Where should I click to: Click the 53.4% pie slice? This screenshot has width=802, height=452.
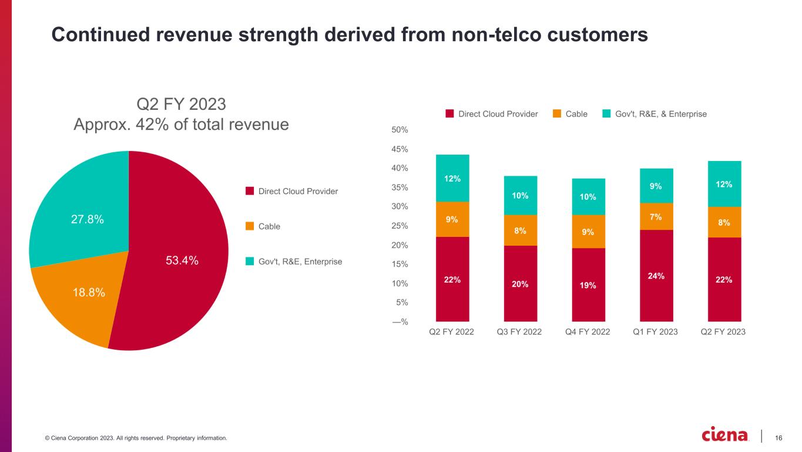pos(182,261)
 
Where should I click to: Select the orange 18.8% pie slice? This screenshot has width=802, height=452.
pos(88,293)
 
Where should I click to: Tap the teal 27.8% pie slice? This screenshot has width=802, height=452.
pos(88,219)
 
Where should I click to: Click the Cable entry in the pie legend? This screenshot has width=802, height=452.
pos(269,226)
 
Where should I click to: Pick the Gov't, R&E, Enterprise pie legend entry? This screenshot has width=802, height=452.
pos(300,262)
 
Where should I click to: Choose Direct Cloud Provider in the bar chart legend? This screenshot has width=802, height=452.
pos(498,114)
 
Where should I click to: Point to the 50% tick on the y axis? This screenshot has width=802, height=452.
pos(400,129)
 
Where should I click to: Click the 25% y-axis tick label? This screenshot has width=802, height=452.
pos(400,226)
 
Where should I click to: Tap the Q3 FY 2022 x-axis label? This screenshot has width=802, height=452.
pos(520,332)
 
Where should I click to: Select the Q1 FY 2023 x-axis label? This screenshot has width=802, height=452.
pos(656,332)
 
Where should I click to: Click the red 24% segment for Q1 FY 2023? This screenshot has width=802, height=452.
pos(656,275)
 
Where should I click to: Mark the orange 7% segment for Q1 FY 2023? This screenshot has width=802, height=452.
pos(656,216)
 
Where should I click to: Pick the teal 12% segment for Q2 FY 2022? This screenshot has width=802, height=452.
pos(452,178)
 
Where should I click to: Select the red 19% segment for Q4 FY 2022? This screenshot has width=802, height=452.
pos(588,284)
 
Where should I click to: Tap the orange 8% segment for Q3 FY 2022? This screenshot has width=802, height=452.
pos(520,230)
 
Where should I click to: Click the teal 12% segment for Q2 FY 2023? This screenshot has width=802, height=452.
pos(724,184)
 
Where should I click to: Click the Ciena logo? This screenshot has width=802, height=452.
pos(725,435)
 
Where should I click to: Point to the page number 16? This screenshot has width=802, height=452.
pos(779,437)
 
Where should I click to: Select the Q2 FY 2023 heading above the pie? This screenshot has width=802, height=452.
pos(181,105)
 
